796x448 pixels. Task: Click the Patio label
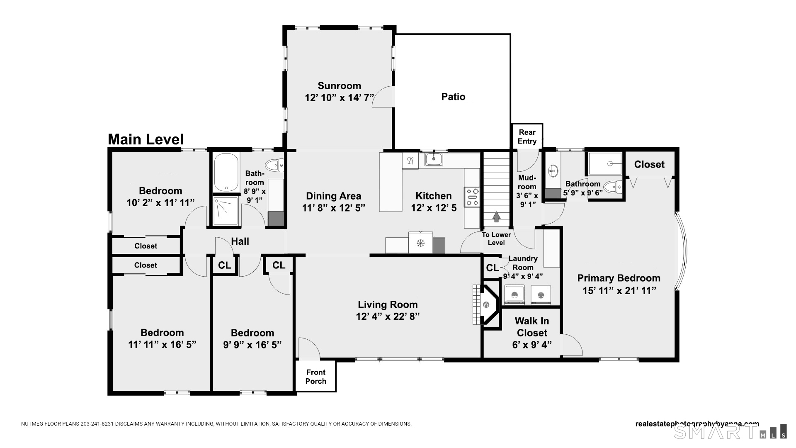453,97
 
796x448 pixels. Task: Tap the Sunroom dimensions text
340,97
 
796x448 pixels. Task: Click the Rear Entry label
527,136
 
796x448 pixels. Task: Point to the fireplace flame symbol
486,305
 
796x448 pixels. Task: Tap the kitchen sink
434,159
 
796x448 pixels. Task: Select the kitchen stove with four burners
472,197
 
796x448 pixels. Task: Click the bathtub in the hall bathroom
226,172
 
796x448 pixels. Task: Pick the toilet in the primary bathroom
613,187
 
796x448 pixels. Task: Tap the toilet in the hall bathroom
274,166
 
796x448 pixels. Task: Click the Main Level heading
146,139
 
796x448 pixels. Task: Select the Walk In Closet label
532,327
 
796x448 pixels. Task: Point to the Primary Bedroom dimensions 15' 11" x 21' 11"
619,290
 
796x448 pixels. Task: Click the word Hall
240,241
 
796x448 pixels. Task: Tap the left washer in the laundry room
514,295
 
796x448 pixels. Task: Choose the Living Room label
388,304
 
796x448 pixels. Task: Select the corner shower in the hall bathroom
226,211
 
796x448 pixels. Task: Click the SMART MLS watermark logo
730,431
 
